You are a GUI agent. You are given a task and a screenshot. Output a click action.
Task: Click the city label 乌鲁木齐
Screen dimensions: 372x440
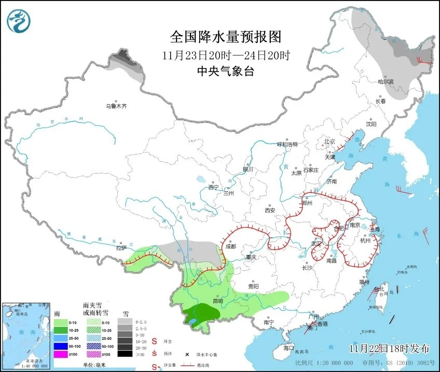tap(116, 106)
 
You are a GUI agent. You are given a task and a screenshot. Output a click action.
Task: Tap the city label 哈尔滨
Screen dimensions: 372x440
tap(386, 82)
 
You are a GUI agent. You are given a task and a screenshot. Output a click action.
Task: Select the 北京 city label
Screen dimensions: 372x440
tap(330, 141)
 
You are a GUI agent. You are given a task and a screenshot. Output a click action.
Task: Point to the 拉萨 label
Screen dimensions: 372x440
tap(121, 248)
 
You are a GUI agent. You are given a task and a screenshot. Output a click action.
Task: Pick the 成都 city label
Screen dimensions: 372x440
tap(230, 247)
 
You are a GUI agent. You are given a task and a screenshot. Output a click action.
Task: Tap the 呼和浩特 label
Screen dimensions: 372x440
tap(287, 145)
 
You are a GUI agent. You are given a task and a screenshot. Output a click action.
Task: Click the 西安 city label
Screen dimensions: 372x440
tap(270, 210)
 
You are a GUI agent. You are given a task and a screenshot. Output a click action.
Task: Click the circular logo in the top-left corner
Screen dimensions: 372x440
tap(19, 20)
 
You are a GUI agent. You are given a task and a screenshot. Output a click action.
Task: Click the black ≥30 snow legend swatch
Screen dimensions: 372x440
tap(123, 354)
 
